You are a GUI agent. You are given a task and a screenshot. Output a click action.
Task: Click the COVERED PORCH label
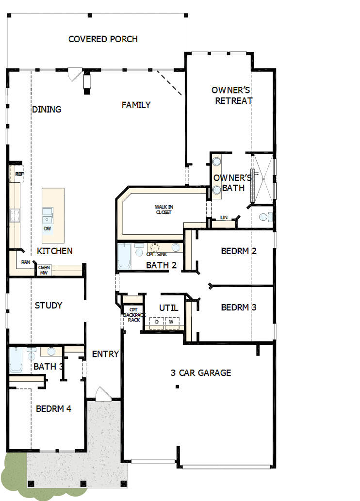(x=103, y=39)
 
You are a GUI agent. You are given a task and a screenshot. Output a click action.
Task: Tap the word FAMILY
(x=136, y=105)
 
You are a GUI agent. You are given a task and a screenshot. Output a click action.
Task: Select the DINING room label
(x=47, y=109)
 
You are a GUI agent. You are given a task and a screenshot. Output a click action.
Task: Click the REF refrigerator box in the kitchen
(x=19, y=174)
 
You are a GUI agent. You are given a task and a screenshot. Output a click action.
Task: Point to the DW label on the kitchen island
(x=47, y=228)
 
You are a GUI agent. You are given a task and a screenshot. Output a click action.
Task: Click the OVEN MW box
(x=44, y=270)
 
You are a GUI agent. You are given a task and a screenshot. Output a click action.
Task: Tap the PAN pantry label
(x=25, y=262)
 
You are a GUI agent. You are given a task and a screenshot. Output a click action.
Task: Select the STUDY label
(x=49, y=306)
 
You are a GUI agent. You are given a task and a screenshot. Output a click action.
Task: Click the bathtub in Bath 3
(x=16, y=360)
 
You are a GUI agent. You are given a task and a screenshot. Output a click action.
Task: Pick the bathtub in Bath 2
(x=124, y=257)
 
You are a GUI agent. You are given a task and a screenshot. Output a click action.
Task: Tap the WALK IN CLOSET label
(x=164, y=210)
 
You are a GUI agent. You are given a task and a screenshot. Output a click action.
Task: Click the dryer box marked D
(x=157, y=322)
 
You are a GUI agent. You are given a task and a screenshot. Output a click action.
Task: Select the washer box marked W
(x=171, y=322)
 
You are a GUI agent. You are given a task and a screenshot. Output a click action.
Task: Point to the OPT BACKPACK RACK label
(x=131, y=315)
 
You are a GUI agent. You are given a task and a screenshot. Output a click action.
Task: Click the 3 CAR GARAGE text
(x=201, y=373)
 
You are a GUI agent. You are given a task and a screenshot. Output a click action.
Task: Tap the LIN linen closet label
(x=224, y=218)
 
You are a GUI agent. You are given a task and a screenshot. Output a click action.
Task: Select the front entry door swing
(x=101, y=393)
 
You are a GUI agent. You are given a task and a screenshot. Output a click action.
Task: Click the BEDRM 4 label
(x=54, y=409)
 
